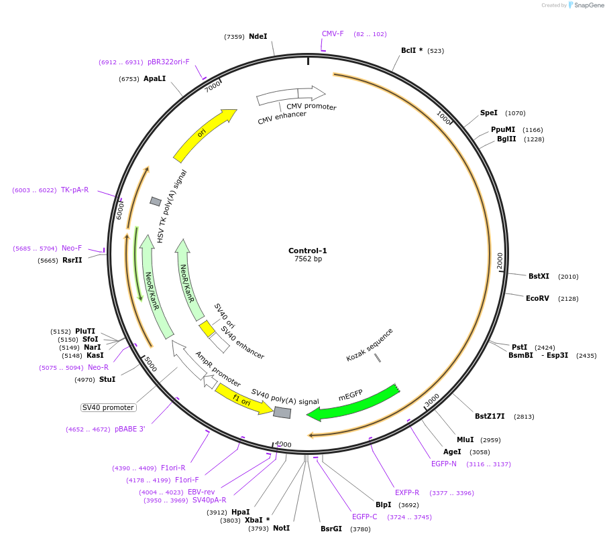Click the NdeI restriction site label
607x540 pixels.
(x=258, y=36)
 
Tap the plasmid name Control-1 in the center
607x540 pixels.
(x=308, y=251)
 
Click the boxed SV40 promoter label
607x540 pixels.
(x=108, y=407)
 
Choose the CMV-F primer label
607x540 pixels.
(x=333, y=33)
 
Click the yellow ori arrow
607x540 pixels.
(x=204, y=136)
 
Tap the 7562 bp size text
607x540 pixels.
(x=308, y=259)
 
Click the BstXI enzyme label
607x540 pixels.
(x=539, y=276)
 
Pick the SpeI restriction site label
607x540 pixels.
(x=489, y=113)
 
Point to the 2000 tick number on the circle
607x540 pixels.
(x=500, y=261)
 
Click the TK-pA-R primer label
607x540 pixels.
(x=74, y=190)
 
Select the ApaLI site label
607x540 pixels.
(x=154, y=78)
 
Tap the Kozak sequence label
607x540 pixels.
(x=370, y=344)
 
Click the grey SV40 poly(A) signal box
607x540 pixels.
(x=282, y=413)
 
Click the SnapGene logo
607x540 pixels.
(x=586, y=5)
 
